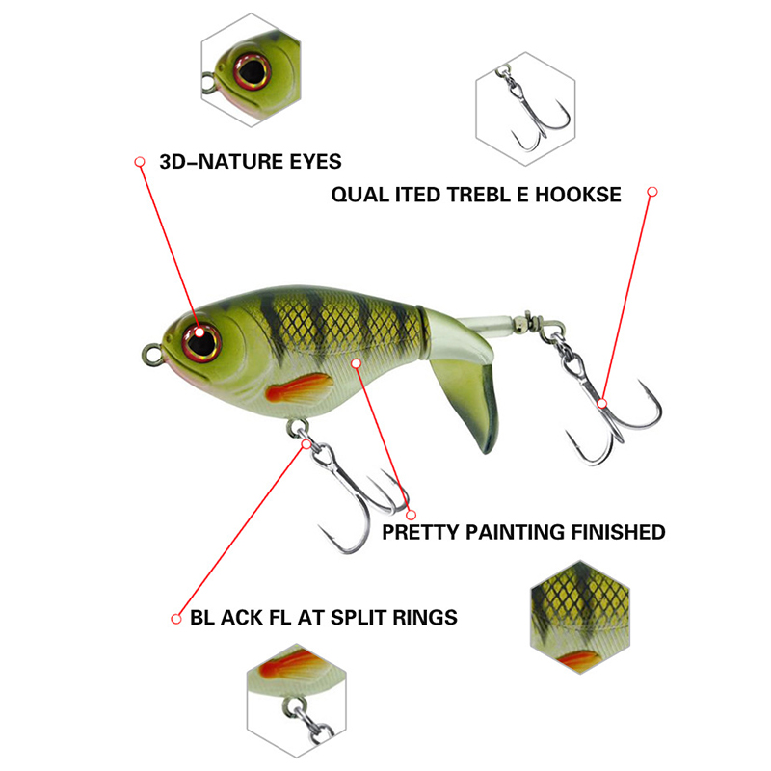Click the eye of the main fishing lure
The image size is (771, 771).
(x=201, y=342)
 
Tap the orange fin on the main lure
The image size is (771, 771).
(x=299, y=387)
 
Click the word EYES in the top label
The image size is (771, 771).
(x=315, y=162)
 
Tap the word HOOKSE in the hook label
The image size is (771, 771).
(x=577, y=195)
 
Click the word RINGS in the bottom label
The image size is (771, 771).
(x=425, y=617)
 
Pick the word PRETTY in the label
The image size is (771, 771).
(x=420, y=532)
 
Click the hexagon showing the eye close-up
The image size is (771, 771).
(x=251, y=69)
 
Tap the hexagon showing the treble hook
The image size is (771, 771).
(x=525, y=109)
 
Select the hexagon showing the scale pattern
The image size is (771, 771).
(x=580, y=617)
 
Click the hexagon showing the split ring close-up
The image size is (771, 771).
(x=297, y=701)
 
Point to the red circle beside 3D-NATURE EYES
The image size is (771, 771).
(x=140, y=162)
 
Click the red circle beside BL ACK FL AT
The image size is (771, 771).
(x=176, y=619)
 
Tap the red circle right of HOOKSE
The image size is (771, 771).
(x=652, y=192)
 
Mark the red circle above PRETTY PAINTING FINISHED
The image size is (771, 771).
(x=412, y=515)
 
